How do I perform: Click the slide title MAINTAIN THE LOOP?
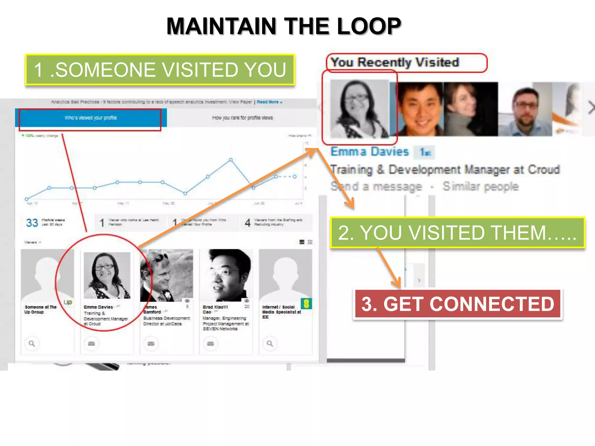click(x=284, y=26)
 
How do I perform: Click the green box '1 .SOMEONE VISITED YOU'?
click(x=160, y=70)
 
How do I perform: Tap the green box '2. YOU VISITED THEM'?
click(x=457, y=233)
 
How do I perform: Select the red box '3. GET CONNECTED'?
click(x=458, y=304)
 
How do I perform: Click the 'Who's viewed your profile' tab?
click(x=91, y=118)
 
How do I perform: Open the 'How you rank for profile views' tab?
click(x=242, y=118)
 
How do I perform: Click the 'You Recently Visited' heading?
click(x=395, y=62)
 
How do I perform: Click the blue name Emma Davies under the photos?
click(x=370, y=152)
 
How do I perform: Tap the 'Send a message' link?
click(x=376, y=187)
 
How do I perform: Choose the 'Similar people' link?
click(x=481, y=187)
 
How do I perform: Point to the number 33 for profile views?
click(x=32, y=223)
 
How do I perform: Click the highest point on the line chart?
click(x=231, y=160)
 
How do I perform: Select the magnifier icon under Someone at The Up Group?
click(x=32, y=344)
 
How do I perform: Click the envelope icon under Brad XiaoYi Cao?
click(x=210, y=344)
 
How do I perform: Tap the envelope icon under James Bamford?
click(x=151, y=344)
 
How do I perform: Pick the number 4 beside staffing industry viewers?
click(x=248, y=223)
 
